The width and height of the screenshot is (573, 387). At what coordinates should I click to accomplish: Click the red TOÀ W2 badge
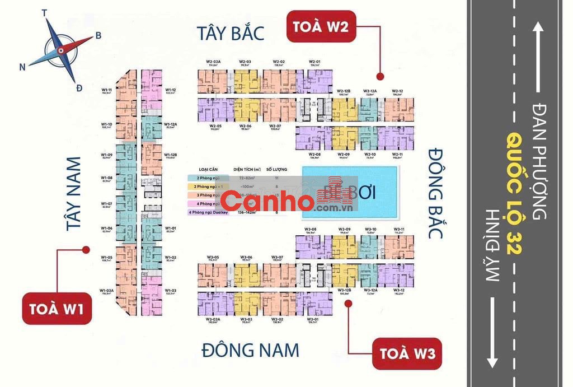point(321,26)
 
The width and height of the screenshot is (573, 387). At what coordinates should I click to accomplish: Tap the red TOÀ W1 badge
point(58,309)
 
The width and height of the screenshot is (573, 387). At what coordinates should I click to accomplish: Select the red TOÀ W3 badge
point(407,353)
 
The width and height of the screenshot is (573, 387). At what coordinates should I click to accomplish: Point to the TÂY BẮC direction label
point(230,33)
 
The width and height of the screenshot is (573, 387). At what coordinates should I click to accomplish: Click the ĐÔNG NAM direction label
point(250,351)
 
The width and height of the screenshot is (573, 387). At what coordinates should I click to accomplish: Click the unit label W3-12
point(399,290)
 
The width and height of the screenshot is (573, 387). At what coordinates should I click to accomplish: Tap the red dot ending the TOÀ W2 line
point(379,76)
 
